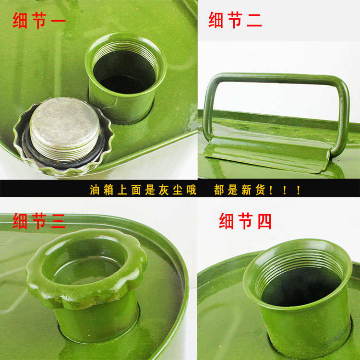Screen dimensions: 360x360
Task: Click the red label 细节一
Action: [x=39, y=20]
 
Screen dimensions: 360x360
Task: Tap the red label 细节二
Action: [x=235, y=20]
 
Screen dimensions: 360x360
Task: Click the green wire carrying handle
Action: [x=274, y=79]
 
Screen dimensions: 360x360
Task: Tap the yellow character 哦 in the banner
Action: [x=191, y=190]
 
